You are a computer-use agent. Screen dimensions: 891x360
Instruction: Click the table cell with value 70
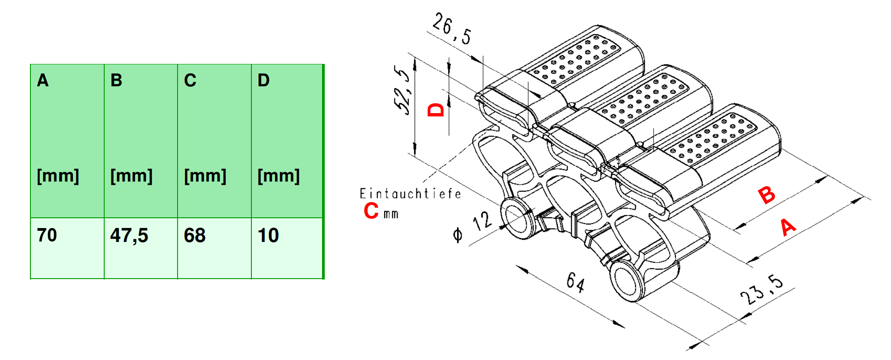tap(67, 248)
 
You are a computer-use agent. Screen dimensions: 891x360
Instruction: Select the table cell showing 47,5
tap(141, 248)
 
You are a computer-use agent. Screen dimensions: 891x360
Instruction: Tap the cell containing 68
tap(214, 248)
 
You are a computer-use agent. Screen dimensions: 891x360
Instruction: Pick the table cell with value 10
tap(287, 248)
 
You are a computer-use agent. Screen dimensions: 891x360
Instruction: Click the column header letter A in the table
tap(43, 80)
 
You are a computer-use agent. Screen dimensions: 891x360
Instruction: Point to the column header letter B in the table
tap(116, 80)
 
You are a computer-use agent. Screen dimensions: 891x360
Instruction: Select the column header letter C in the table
tap(190, 80)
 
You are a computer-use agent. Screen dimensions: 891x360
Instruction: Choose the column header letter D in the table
tap(263, 80)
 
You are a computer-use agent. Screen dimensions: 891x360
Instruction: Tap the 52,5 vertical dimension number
tap(402, 90)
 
